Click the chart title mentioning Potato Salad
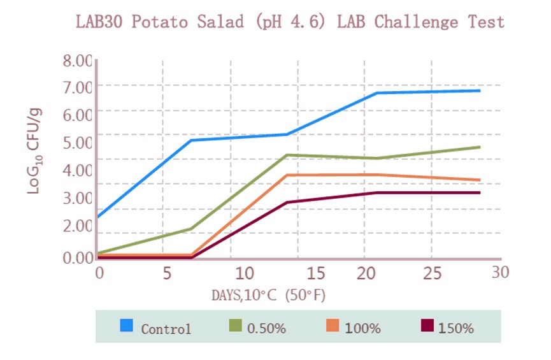tap(290, 22)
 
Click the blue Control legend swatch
tap(127, 326)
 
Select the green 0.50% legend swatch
tap(235, 326)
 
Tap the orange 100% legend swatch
tap(333, 326)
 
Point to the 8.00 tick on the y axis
tap(77, 62)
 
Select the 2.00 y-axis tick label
tap(77, 226)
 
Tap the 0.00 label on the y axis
tap(77, 258)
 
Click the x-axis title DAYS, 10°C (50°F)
tap(269, 296)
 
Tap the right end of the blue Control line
tap(480, 90)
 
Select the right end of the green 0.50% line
tap(480, 147)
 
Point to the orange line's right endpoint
tap(480, 180)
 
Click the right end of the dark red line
tap(480, 192)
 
